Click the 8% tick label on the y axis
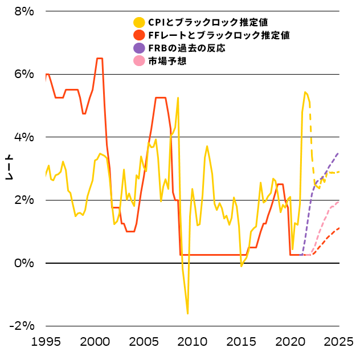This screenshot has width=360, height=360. pyautogui.click(x=25, y=11)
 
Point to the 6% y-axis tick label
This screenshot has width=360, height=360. pyautogui.click(x=25, y=74)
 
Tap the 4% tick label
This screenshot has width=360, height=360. pyautogui.click(x=25, y=137)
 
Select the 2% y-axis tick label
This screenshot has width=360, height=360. pyautogui.click(x=25, y=201)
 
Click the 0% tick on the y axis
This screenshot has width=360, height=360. pyautogui.click(x=25, y=263)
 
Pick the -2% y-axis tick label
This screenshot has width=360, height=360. pyautogui.click(x=23, y=326)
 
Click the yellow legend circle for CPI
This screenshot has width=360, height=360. pyautogui.click(x=138, y=23)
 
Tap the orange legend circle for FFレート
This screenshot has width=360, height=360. pyautogui.click(x=138, y=35)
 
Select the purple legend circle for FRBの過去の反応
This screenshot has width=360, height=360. pyautogui.click(x=138, y=48)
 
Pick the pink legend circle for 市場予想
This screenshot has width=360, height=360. pyautogui.click(x=138, y=60)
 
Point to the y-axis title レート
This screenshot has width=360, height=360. pyautogui.click(x=9, y=168)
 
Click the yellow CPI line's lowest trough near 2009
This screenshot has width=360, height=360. pyautogui.click(x=187, y=313)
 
